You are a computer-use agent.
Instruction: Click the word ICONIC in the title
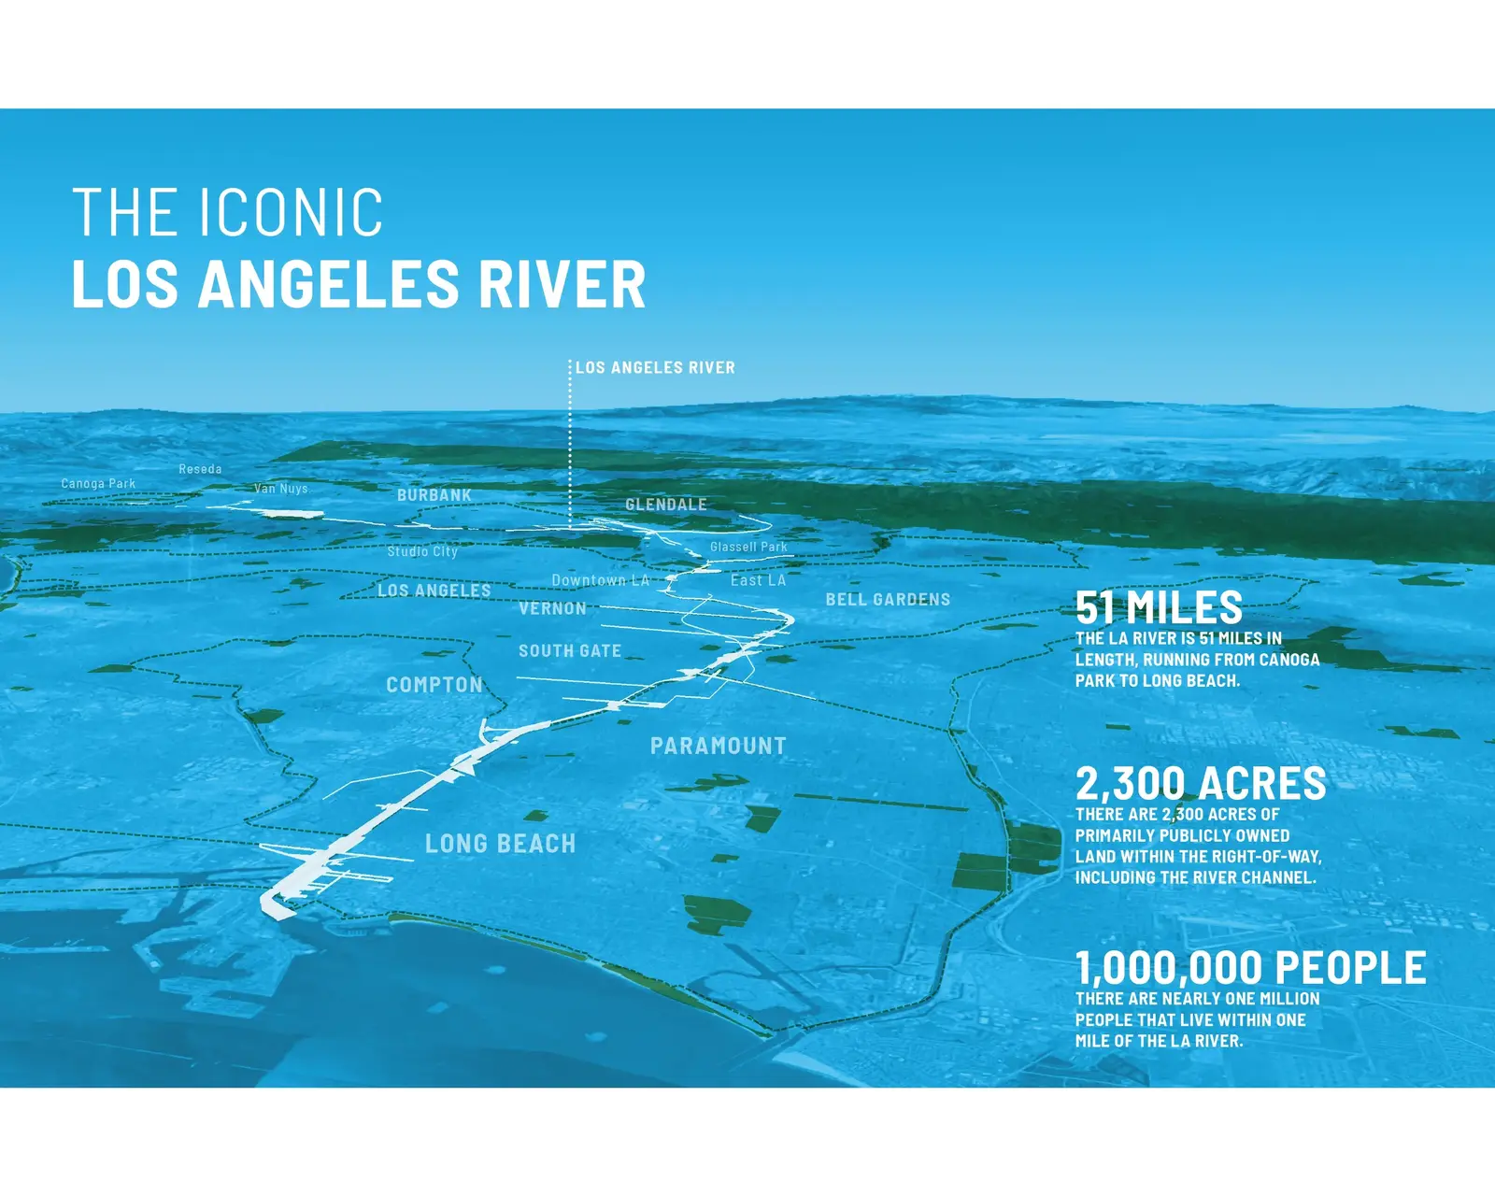(x=291, y=211)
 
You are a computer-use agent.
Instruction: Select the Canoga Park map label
(x=98, y=483)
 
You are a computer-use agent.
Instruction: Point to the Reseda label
(x=200, y=469)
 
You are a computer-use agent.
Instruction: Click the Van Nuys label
(x=280, y=489)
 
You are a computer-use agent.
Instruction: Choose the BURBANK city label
(x=434, y=495)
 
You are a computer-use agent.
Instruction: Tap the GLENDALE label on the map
(x=665, y=505)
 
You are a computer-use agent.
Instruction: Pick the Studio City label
(x=422, y=551)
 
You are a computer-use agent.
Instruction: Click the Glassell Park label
(x=748, y=547)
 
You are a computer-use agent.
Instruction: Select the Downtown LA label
(x=600, y=580)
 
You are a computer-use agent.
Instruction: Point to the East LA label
(x=758, y=580)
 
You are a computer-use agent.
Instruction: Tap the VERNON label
(x=552, y=609)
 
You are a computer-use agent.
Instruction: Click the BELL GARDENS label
(x=887, y=600)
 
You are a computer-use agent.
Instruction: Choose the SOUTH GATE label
(x=570, y=651)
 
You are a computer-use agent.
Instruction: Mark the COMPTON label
(x=434, y=685)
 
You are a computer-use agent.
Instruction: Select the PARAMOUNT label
(x=718, y=747)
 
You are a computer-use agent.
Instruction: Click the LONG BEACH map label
(x=500, y=844)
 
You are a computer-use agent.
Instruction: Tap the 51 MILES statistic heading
(x=1158, y=607)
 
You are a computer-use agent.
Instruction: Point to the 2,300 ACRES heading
(x=1201, y=784)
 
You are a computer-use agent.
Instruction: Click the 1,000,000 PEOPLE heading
(x=1250, y=967)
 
